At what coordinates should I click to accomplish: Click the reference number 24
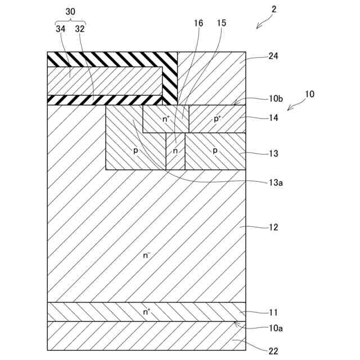(274, 56)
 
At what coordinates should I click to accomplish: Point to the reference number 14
(274, 118)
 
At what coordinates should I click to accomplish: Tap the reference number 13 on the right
(274, 153)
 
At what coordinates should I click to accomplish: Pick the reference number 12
(274, 227)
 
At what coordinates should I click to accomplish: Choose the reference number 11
(274, 312)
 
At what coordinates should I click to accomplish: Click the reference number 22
(274, 352)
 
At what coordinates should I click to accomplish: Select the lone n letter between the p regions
(175, 151)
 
